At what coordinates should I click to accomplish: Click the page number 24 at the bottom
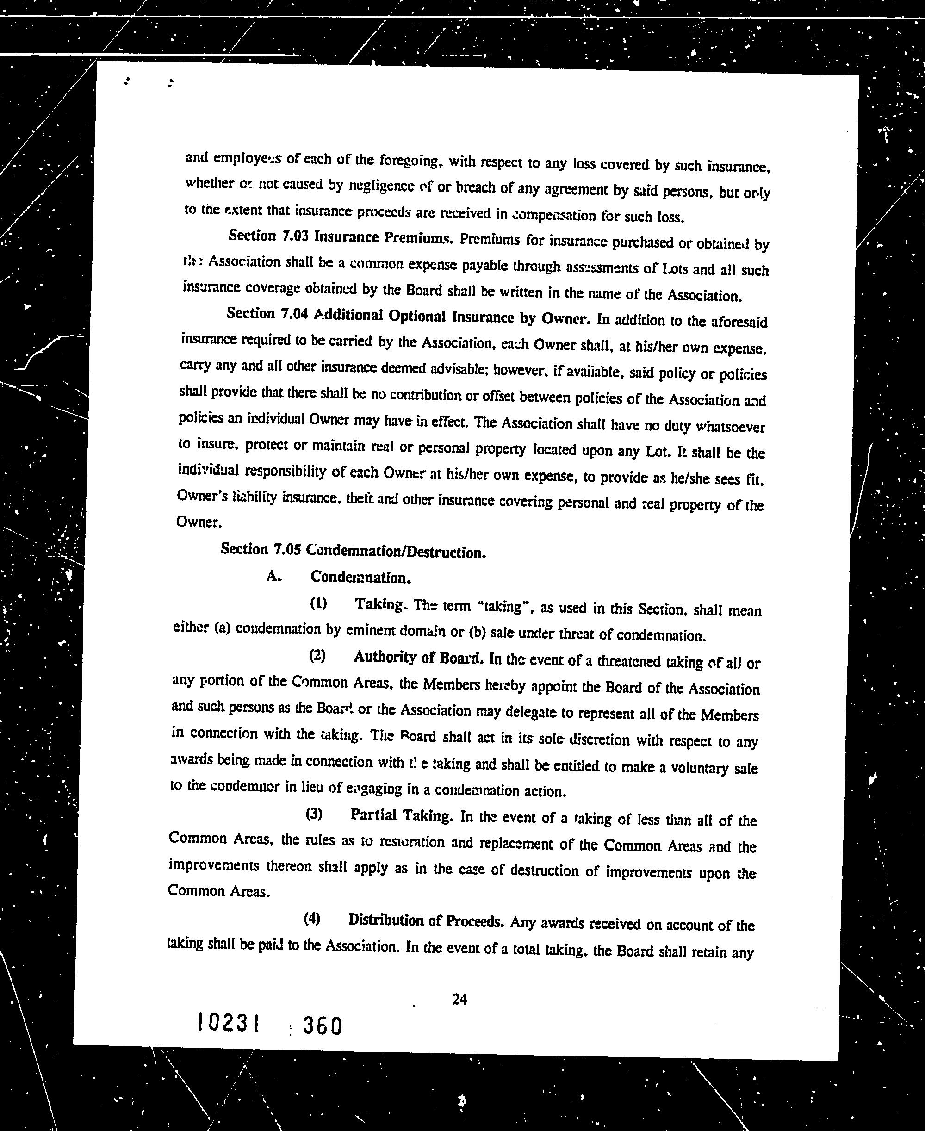click(459, 1000)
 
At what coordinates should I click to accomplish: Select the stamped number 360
click(322, 1025)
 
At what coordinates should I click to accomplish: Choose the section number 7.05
click(287, 549)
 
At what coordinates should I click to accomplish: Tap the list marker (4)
click(312, 919)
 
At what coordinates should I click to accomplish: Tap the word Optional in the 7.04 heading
click(418, 316)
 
